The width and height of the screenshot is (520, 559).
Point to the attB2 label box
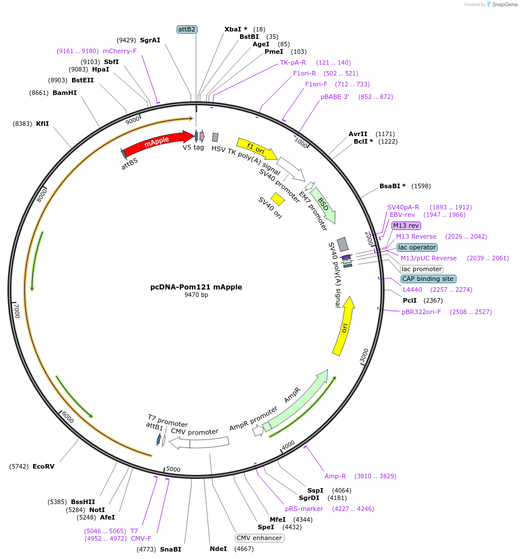point(187,29)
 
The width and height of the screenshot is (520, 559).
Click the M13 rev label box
point(406,225)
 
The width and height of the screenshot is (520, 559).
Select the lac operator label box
point(417,247)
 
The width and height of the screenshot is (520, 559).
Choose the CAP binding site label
point(428,279)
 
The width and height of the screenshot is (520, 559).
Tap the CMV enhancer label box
point(259,538)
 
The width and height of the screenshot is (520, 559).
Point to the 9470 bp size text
point(196,295)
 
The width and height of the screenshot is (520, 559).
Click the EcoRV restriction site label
point(43,466)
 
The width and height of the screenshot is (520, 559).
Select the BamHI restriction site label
point(65,93)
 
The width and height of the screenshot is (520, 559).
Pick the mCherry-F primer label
point(120,51)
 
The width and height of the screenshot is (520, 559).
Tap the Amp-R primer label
point(335,476)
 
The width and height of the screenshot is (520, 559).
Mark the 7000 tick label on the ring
point(17,311)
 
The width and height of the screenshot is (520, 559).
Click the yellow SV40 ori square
point(278,199)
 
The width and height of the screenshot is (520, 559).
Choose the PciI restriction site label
point(410,300)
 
